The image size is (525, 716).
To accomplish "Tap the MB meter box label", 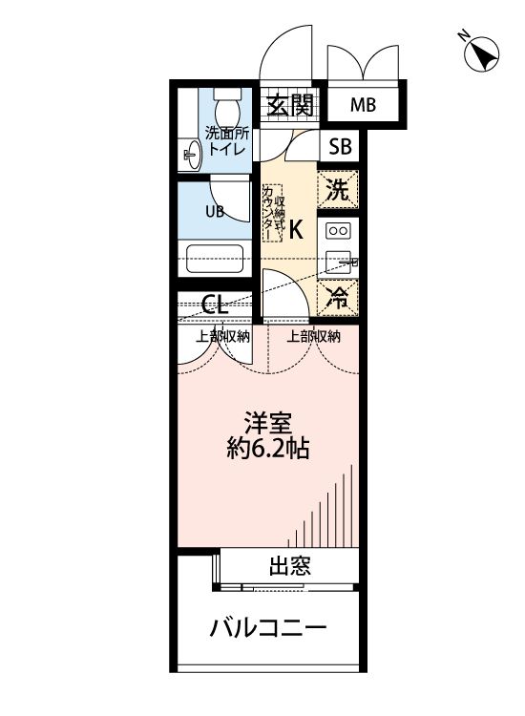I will [362, 105].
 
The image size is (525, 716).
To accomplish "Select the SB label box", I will [339, 146].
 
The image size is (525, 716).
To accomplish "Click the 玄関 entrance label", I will [289, 105].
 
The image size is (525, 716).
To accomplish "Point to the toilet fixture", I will [226, 102].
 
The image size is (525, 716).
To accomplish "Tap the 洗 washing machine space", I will [338, 188].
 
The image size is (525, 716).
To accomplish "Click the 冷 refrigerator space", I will [338, 295].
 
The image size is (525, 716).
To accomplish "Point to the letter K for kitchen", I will [296, 229].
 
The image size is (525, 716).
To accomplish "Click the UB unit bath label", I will [216, 212].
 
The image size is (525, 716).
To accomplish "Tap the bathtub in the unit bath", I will [216, 258].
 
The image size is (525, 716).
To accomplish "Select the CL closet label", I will [216, 305].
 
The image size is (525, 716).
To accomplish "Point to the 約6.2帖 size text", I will [267, 449].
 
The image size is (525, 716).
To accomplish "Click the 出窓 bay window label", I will [287, 567].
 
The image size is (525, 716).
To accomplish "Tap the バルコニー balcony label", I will [268, 628].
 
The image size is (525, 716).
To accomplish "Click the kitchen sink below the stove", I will [337, 262].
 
